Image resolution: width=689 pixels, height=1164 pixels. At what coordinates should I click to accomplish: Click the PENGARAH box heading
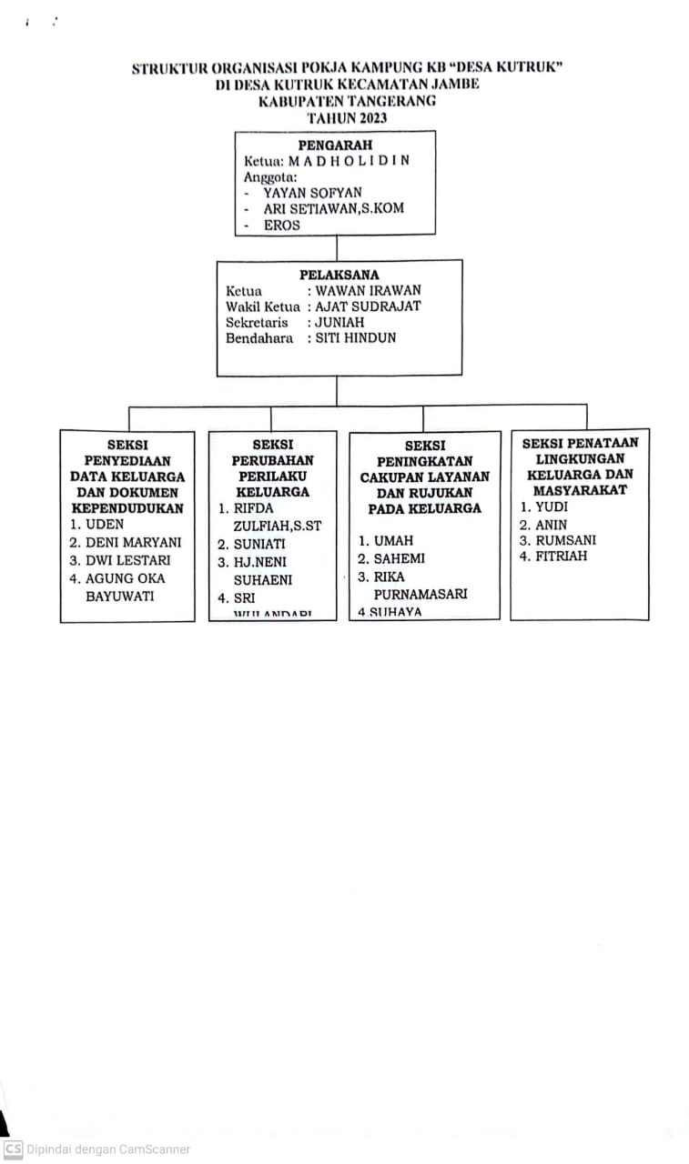point(335,145)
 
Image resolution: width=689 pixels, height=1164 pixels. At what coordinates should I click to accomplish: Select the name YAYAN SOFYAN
point(312,193)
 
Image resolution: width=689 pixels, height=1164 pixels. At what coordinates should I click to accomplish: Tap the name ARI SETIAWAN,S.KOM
point(333,208)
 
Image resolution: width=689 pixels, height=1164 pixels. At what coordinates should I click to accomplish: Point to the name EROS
point(281,225)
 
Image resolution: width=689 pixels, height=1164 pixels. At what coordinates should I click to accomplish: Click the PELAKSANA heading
point(339,275)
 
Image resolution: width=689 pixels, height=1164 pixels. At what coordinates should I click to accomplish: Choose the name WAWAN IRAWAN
point(368,291)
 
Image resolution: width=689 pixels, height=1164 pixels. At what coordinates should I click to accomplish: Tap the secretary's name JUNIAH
point(340,322)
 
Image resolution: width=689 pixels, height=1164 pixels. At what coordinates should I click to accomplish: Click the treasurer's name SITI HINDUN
point(356,338)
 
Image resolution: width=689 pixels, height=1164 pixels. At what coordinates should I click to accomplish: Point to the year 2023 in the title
point(372,118)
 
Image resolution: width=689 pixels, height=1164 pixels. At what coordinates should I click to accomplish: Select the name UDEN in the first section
point(105,525)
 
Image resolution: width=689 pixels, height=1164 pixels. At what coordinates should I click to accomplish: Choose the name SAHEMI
point(399,558)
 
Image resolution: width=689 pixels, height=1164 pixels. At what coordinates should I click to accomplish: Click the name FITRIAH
point(562,556)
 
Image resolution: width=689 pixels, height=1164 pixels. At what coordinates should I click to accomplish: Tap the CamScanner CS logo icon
point(13,1149)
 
